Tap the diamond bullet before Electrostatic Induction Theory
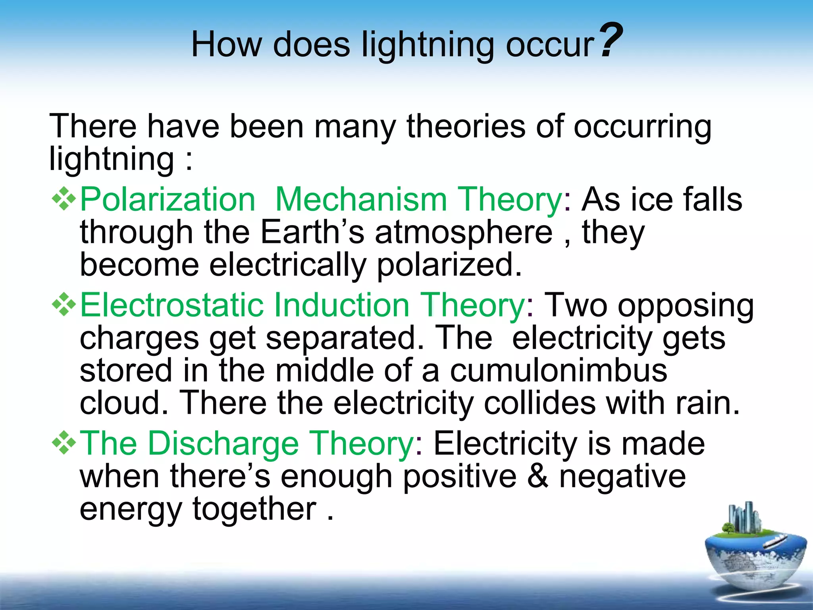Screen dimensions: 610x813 pos(64,305)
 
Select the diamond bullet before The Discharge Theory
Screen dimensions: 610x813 pos(64,443)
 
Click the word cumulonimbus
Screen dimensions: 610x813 pos(559,371)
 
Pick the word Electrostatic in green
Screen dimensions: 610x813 pos(172,305)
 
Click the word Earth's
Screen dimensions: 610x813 pos(312,232)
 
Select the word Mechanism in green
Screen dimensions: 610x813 pos(361,200)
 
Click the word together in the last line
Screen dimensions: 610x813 pos(254,510)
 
